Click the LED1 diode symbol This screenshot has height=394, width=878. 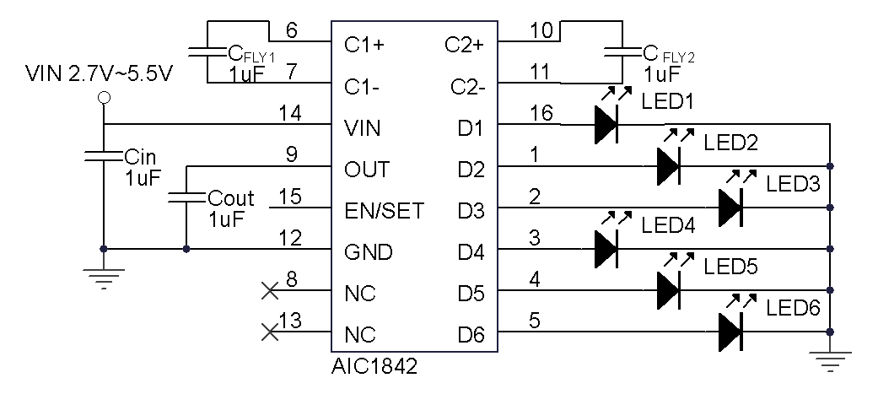606,125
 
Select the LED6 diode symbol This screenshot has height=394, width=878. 730,332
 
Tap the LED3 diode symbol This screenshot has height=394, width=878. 730,208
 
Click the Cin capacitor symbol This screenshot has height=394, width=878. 104,156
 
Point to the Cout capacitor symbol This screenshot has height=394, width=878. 186,197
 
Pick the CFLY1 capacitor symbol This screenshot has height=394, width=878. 207,51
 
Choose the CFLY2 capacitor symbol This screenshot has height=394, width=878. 622,52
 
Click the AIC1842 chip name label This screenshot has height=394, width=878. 374,368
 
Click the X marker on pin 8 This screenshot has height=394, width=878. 271,291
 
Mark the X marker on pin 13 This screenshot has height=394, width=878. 271,332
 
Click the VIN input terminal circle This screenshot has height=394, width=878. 104,99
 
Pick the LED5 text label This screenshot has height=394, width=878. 730,267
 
